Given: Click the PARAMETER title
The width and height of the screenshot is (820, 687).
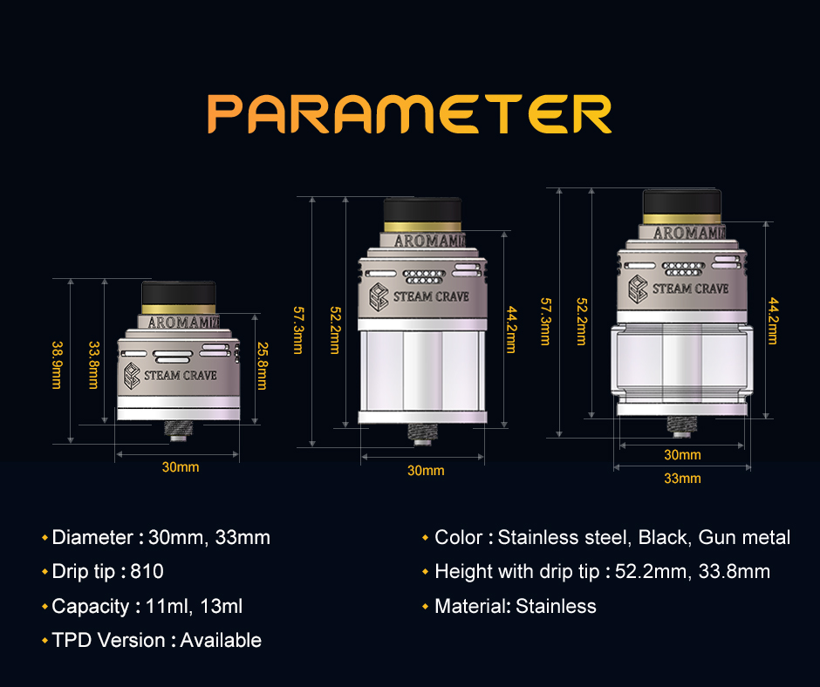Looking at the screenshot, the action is pyautogui.click(x=409, y=114).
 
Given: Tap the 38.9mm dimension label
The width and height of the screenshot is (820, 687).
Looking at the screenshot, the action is pyautogui.click(x=57, y=365).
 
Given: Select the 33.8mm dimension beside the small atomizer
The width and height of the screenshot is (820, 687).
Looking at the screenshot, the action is pyautogui.click(x=93, y=365).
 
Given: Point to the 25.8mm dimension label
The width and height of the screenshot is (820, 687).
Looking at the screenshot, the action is pyautogui.click(x=262, y=366).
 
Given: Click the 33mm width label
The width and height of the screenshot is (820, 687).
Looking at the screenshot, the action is pyautogui.click(x=682, y=479).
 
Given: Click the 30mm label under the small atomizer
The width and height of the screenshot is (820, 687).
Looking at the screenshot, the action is pyautogui.click(x=181, y=467).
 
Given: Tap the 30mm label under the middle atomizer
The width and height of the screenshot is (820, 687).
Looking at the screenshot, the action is pyautogui.click(x=426, y=471).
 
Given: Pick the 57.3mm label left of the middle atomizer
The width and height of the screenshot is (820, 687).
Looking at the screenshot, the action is pyautogui.click(x=298, y=330).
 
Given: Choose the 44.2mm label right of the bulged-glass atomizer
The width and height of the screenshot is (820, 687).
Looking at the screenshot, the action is pyautogui.click(x=773, y=321).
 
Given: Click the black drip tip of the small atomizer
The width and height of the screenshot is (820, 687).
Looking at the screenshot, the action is pyautogui.click(x=179, y=293).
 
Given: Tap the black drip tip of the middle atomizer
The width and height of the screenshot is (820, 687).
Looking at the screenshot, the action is pyautogui.click(x=422, y=210).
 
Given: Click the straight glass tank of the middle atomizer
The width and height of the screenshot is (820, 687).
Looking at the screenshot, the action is pyautogui.click(x=422, y=371).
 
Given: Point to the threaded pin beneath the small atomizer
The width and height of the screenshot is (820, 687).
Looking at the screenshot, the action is pyautogui.click(x=178, y=431).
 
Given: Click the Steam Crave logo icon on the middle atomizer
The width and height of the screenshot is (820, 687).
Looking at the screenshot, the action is pyautogui.click(x=379, y=297).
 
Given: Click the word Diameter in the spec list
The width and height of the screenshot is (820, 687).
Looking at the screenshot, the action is pyautogui.click(x=93, y=537).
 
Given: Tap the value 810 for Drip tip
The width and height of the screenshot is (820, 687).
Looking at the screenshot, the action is pyautogui.click(x=147, y=571).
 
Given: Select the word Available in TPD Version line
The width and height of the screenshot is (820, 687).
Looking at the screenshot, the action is pyautogui.click(x=221, y=641).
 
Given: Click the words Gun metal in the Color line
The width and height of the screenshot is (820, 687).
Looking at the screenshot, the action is pyautogui.click(x=744, y=537).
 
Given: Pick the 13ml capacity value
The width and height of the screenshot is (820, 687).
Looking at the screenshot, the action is pyautogui.click(x=222, y=607).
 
